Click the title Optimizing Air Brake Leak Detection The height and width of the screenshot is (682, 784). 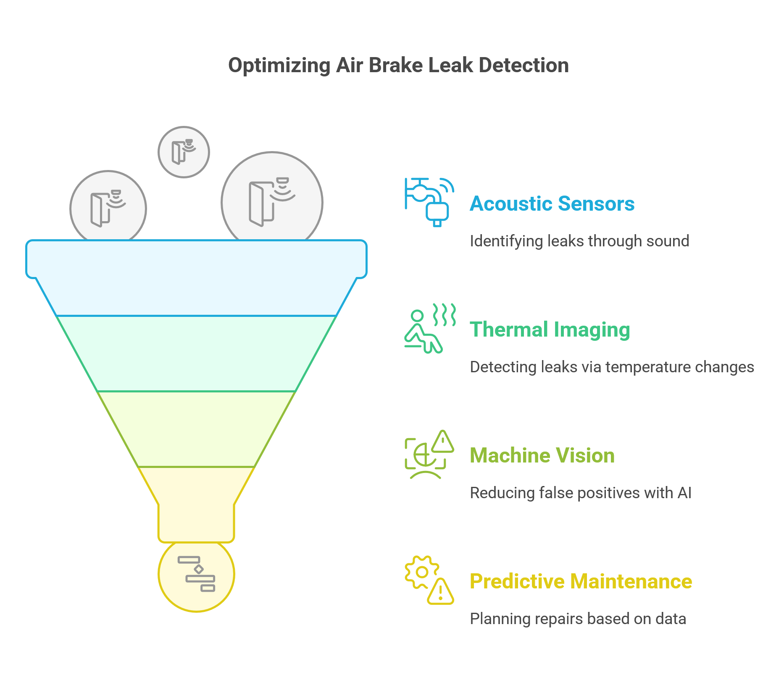point(398,65)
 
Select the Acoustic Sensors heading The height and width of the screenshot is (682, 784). point(552,204)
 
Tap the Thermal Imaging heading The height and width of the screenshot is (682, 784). point(550,330)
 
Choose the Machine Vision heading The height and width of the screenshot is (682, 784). point(542,455)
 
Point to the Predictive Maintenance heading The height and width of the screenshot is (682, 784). point(581,581)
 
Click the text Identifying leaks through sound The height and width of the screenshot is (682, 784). point(579,241)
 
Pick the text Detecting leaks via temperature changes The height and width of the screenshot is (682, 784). point(612,367)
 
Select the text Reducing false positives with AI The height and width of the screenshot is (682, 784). point(581,493)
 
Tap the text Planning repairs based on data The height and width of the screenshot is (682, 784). point(578,619)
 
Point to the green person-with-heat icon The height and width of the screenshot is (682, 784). point(429,328)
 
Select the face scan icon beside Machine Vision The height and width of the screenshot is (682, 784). point(429,455)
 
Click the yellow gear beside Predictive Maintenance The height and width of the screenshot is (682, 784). point(421,572)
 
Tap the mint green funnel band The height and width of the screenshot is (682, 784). point(196,353)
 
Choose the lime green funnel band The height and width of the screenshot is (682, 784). point(196,429)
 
